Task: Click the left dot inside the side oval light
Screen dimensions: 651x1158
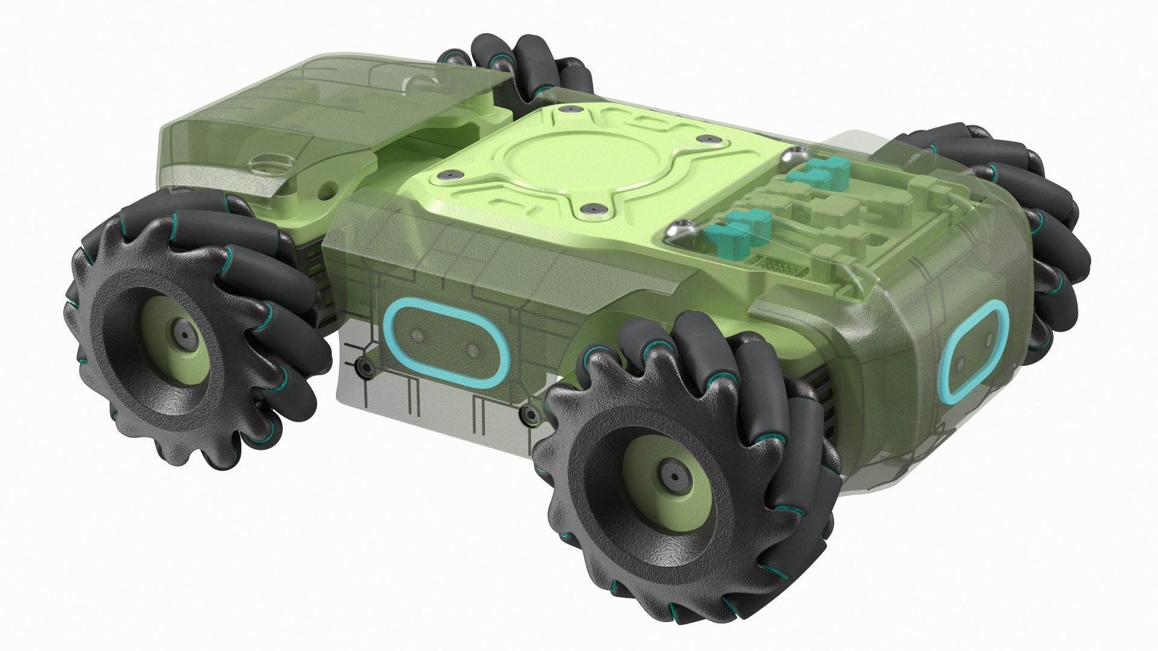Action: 416,335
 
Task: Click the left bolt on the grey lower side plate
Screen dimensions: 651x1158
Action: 363,366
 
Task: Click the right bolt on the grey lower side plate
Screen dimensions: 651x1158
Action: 529,413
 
